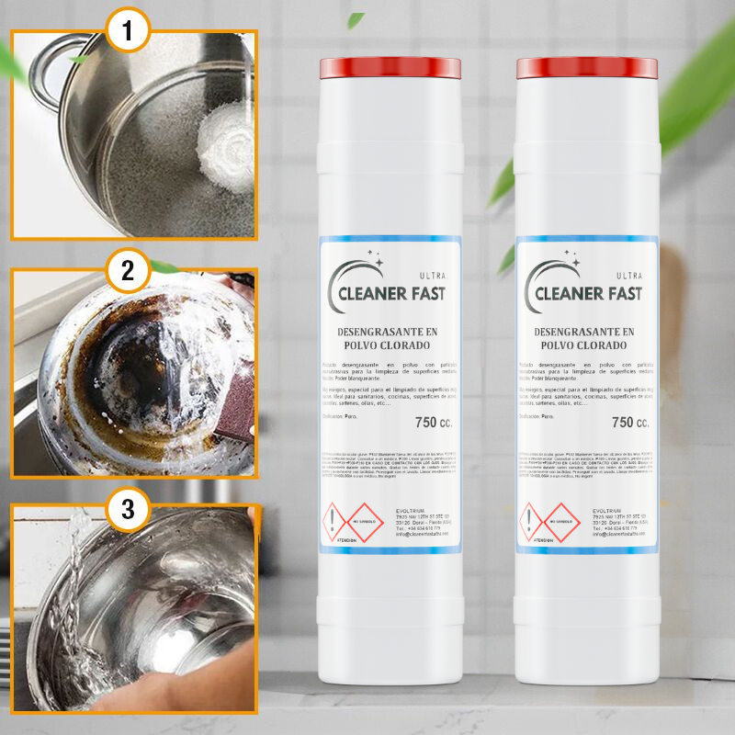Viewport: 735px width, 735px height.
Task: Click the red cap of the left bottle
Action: [x=390, y=67]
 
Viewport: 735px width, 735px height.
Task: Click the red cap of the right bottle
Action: [x=587, y=67]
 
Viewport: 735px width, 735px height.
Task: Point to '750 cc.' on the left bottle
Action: [x=434, y=423]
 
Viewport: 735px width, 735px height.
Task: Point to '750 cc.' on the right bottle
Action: [x=630, y=423]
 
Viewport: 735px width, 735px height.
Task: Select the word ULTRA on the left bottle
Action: [x=432, y=275]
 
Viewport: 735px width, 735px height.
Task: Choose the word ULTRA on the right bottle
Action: [x=628, y=275]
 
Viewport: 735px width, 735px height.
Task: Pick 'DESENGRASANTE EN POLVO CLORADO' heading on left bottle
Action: [x=390, y=337]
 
